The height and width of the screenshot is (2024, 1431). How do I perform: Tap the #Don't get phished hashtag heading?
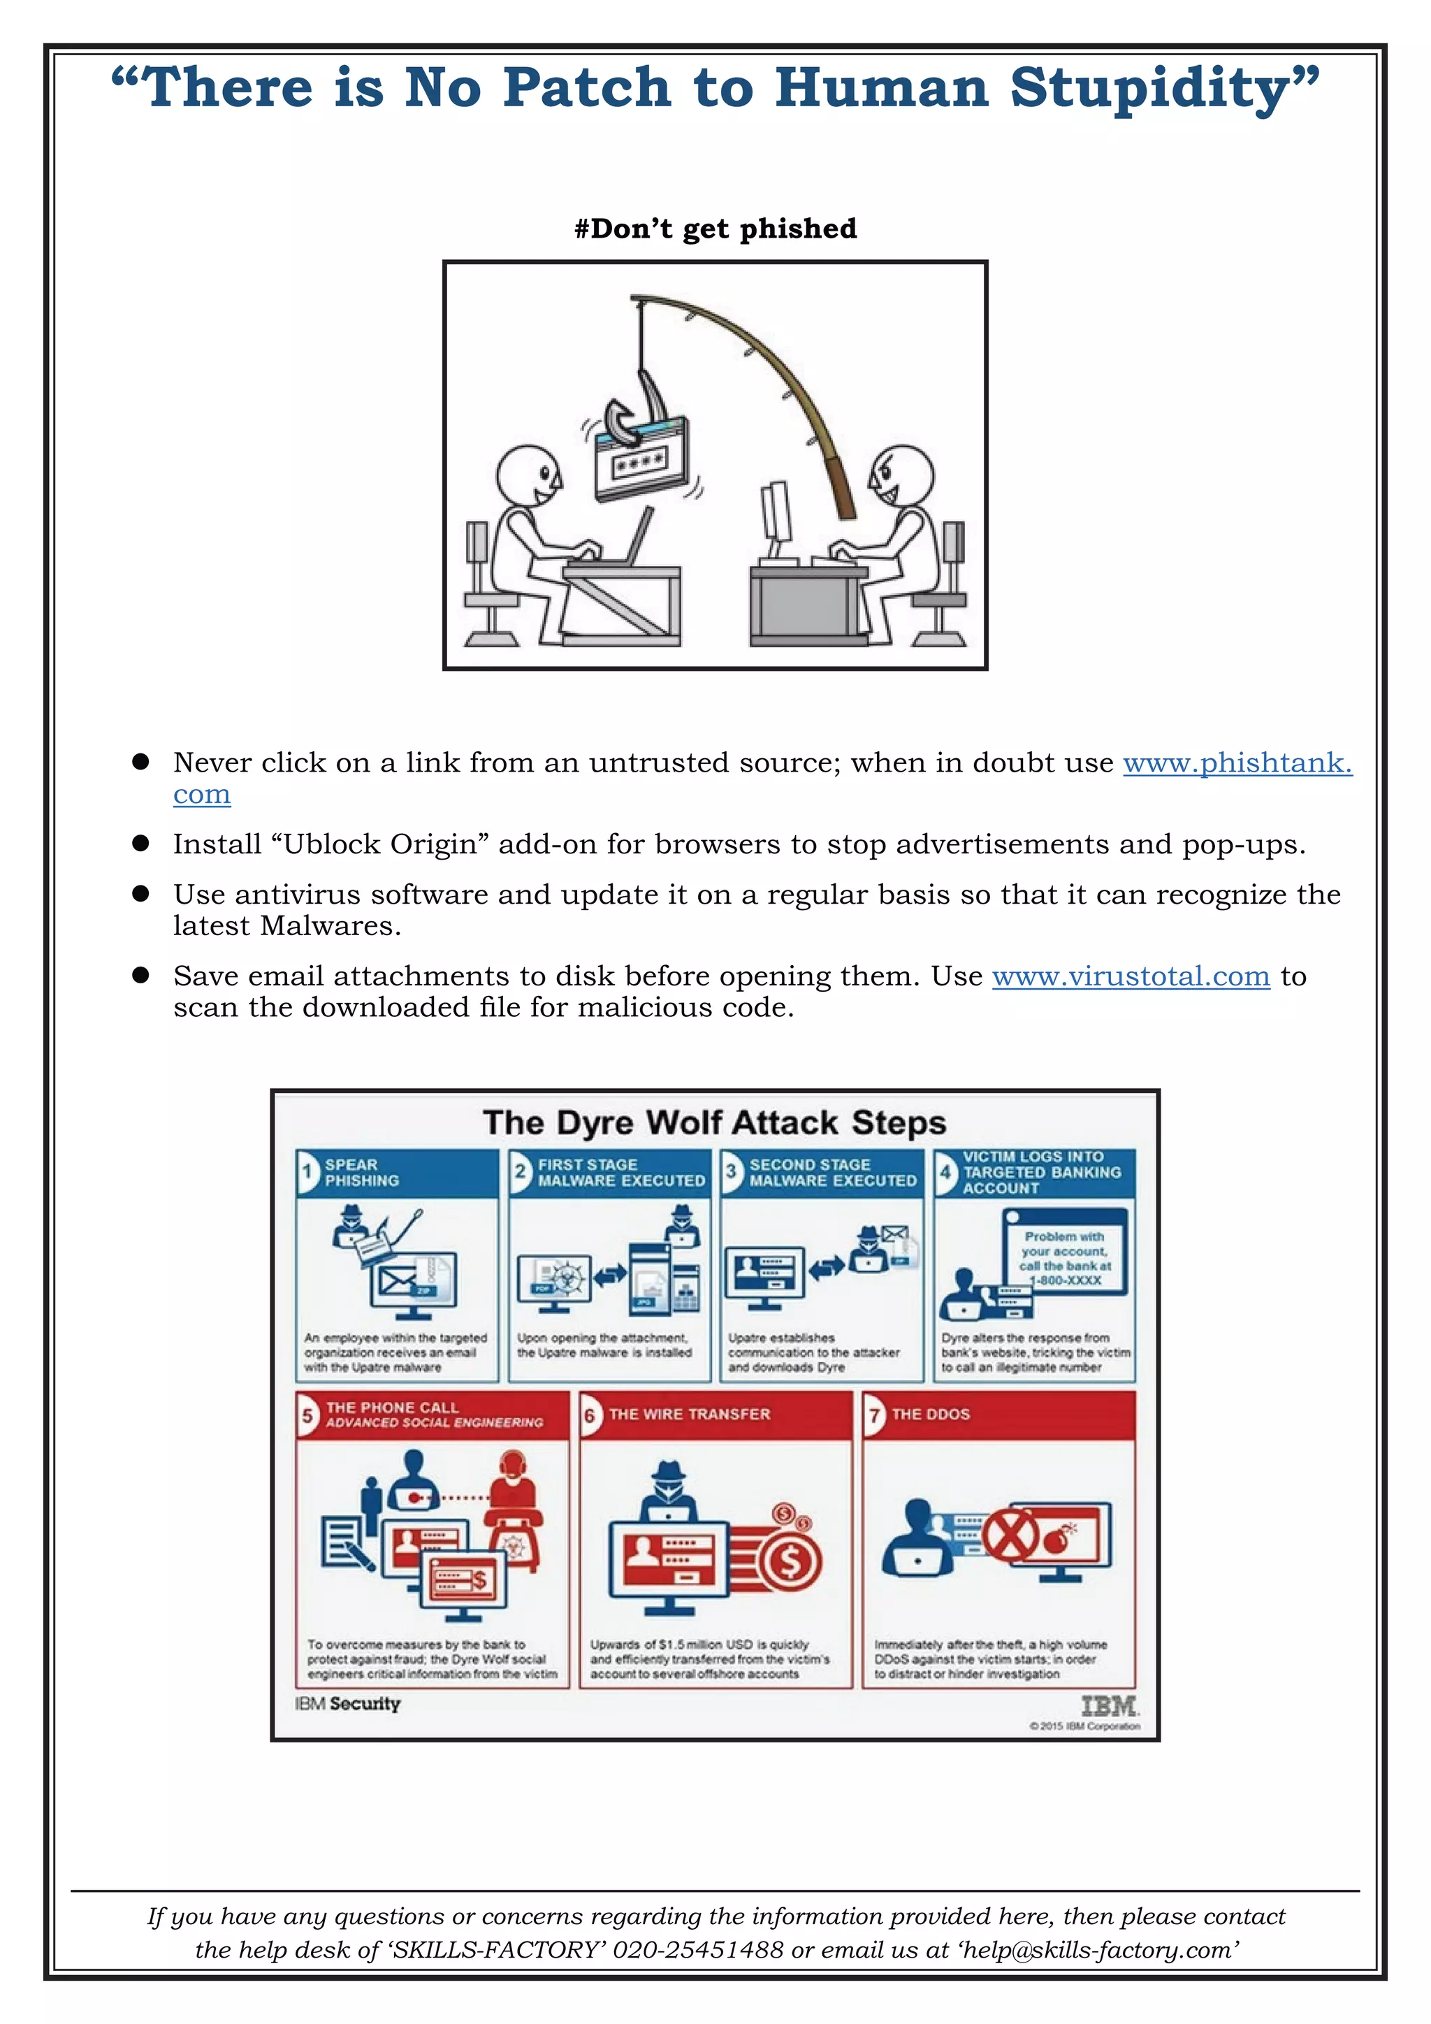click(715, 229)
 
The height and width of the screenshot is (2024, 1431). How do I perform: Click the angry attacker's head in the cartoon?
click(901, 476)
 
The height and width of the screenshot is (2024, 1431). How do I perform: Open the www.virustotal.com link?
click(1131, 977)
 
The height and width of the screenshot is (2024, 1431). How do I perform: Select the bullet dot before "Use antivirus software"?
click(140, 894)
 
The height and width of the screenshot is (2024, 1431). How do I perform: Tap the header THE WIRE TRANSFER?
click(689, 1414)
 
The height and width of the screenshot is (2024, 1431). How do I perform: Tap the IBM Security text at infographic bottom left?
click(347, 1704)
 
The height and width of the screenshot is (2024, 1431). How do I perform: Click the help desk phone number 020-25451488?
click(698, 1949)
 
